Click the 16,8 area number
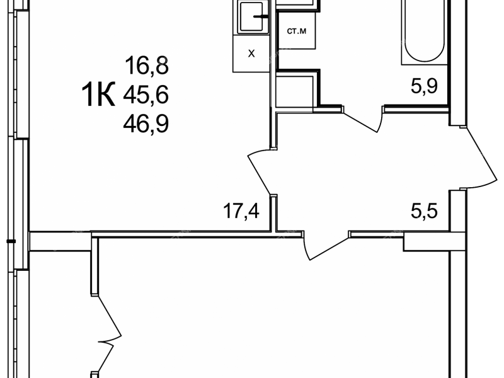[x=147, y=66]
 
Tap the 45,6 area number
[x=146, y=95]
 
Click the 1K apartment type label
[x=98, y=94]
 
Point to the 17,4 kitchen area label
[x=241, y=211]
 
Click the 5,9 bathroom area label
[x=424, y=86]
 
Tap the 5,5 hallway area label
[x=424, y=211]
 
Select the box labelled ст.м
[x=296, y=30]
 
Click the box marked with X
[x=251, y=54]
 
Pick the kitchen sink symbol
[x=253, y=17]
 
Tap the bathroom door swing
[x=362, y=120]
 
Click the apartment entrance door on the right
[x=479, y=158]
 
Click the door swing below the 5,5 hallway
[x=325, y=245]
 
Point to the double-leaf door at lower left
[x=106, y=335]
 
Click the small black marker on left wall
[x=11, y=241]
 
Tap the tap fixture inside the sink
[x=260, y=16]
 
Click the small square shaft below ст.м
[x=294, y=91]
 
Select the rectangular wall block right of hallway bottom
[x=427, y=241]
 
